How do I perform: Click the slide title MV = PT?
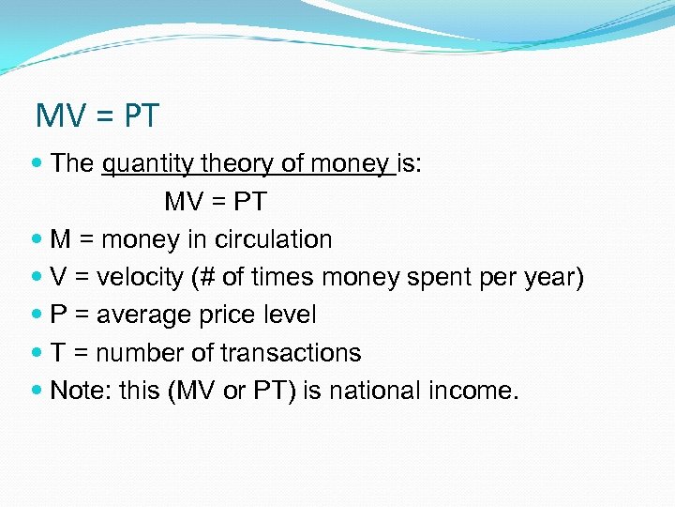click(97, 116)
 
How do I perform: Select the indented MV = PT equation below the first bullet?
click(216, 201)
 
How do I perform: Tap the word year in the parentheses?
click(549, 277)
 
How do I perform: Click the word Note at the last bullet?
click(79, 391)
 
